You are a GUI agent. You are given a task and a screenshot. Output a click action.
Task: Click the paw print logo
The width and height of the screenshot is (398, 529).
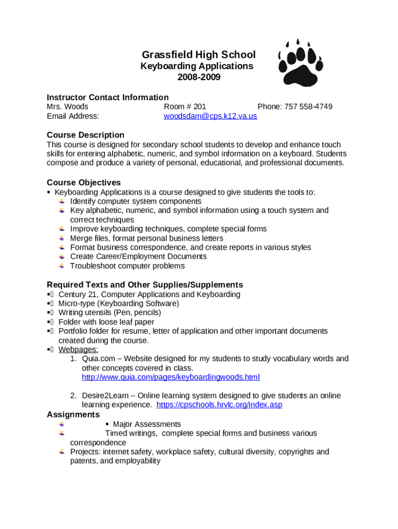(300, 63)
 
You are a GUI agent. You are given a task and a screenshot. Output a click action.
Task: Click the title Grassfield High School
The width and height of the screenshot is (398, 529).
(198, 55)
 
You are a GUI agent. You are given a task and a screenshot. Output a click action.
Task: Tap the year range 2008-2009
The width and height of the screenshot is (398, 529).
(198, 77)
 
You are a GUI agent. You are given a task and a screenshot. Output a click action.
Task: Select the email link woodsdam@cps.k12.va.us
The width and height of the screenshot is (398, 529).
(210, 116)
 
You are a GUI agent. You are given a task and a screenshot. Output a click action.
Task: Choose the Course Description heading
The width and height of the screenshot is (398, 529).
(85, 135)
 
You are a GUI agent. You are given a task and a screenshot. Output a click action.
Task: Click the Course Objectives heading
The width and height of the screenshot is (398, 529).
(84, 183)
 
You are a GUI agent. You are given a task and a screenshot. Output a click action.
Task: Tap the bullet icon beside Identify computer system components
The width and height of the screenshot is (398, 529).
(62, 201)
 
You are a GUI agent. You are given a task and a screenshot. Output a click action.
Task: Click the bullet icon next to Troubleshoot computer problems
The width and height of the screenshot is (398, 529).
(62, 266)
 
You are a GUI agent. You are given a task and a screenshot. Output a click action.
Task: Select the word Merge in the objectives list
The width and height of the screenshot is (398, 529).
(81, 238)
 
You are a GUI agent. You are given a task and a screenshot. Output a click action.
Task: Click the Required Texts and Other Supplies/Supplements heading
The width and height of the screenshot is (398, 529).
(145, 285)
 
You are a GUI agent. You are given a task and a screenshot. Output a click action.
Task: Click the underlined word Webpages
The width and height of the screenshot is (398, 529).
(78, 349)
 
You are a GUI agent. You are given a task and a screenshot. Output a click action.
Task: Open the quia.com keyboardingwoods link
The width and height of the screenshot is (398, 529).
(171, 377)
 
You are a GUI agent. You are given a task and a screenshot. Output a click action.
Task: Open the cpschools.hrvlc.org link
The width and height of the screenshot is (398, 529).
(219, 405)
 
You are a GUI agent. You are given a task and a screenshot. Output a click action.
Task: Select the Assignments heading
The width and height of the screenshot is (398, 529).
(73, 415)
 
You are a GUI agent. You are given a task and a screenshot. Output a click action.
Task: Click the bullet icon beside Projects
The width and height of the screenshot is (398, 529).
(62, 452)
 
